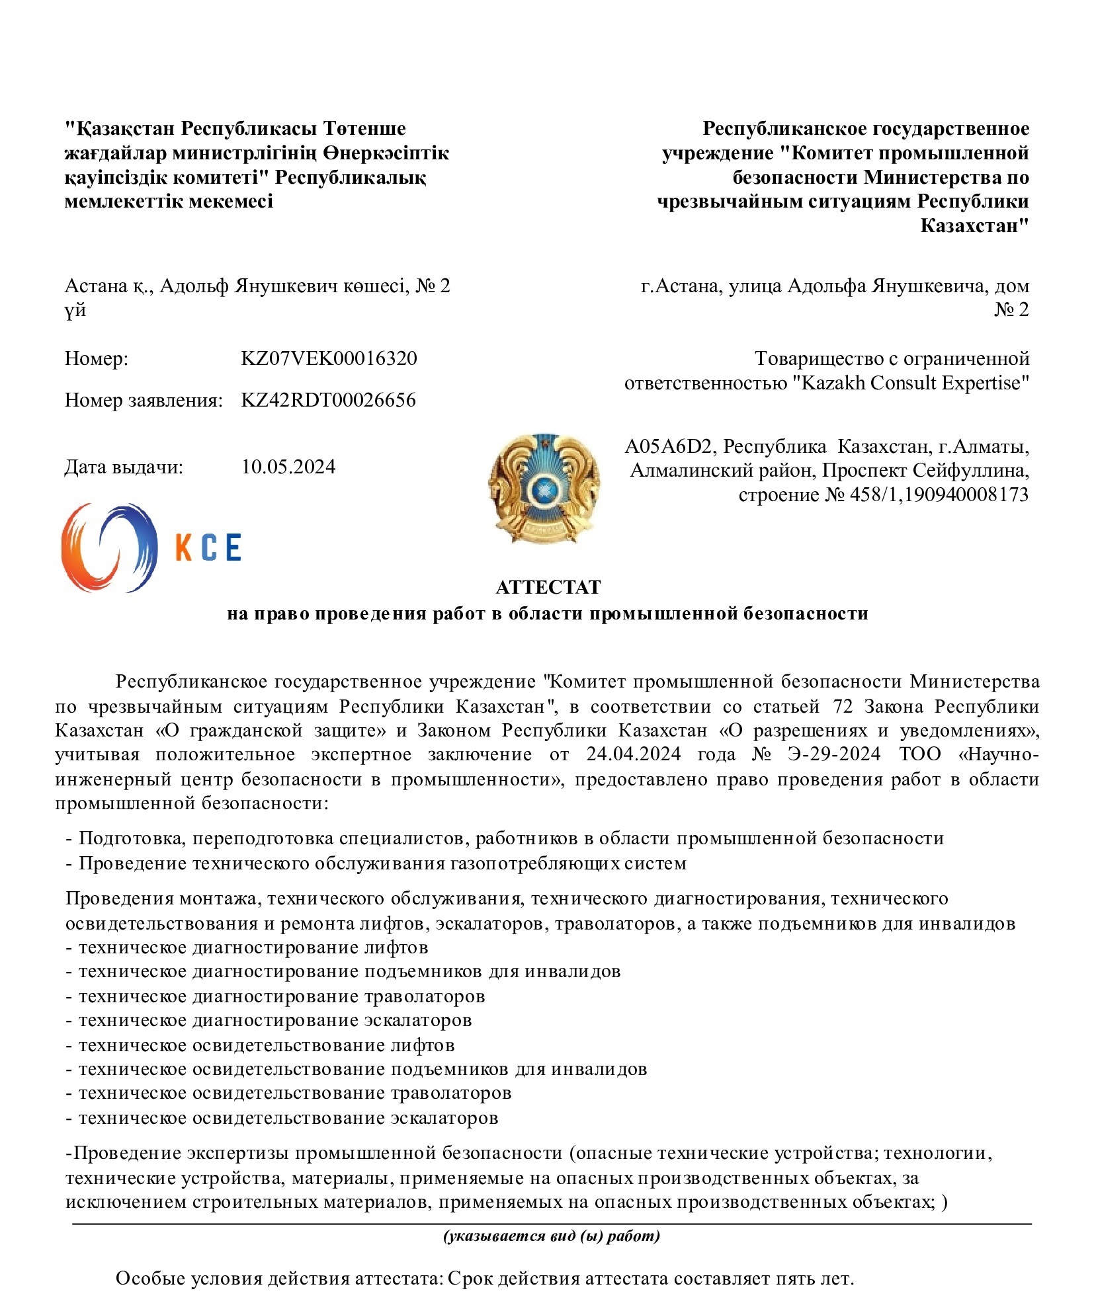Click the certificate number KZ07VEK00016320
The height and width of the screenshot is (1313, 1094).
329,358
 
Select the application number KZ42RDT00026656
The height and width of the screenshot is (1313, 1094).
328,400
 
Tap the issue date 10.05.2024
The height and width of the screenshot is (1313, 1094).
288,467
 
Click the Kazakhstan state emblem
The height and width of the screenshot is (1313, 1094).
544,488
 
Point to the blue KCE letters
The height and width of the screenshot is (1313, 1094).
208,547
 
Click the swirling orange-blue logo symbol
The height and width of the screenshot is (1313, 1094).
109,547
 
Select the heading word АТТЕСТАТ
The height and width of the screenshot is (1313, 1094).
548,587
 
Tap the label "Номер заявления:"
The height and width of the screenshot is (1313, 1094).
143,400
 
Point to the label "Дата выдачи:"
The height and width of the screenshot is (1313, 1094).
124,467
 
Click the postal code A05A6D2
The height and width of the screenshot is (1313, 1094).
669,447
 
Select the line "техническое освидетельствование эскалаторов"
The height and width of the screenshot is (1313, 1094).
288,1118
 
